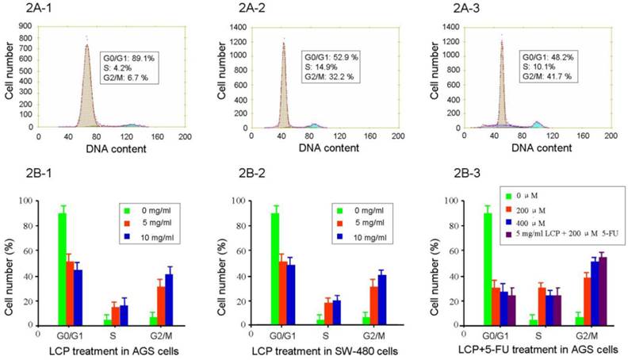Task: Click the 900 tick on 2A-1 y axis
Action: point(26,26)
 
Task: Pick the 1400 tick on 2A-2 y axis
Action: point(238,26)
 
